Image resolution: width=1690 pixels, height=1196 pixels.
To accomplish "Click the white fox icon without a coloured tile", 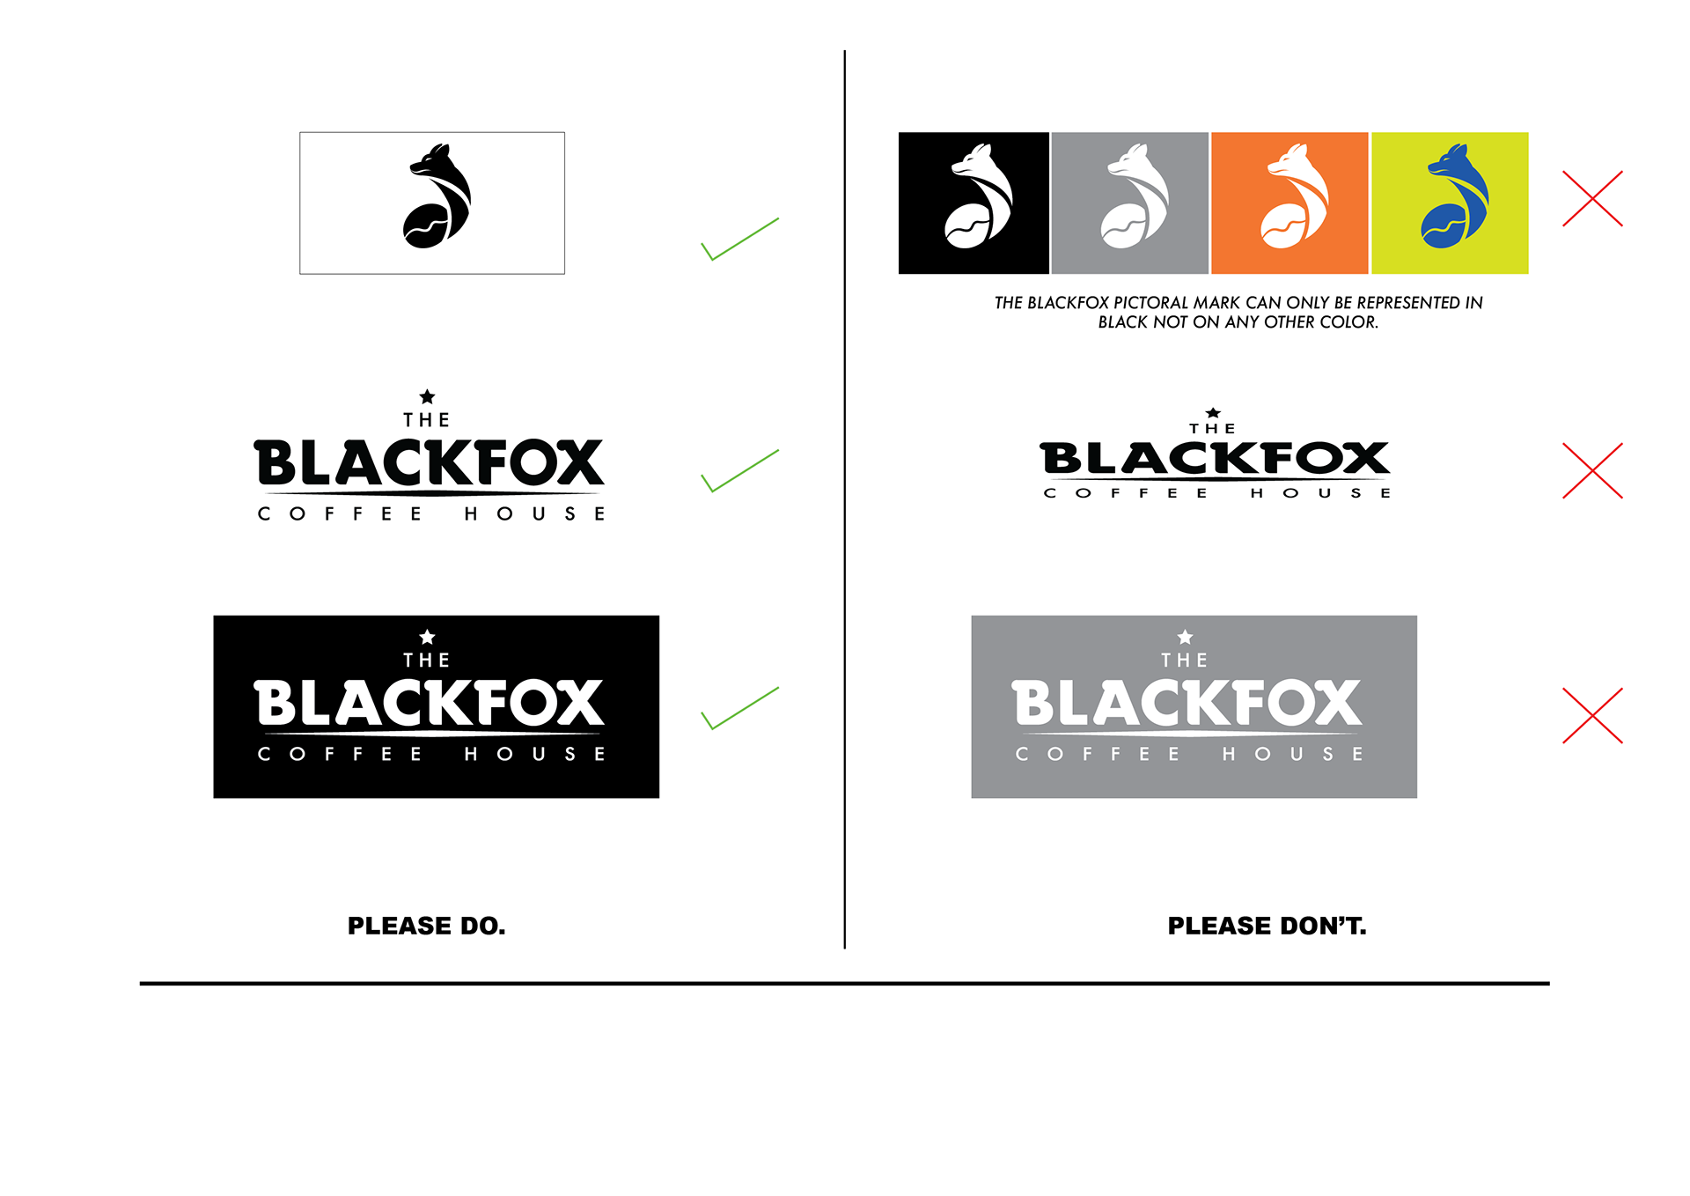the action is [x=979, y=197].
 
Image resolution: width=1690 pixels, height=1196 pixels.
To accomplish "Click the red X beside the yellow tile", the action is [x=1592, y=199].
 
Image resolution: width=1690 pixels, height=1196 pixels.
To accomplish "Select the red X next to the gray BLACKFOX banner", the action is [x=1592, y=716].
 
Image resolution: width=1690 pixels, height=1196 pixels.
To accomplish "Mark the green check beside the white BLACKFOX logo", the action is [x=739, y=709].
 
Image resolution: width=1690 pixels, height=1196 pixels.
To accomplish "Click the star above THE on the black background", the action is [x=428, y=636].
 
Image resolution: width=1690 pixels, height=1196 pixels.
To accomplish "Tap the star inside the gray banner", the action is [x=1186, y=636].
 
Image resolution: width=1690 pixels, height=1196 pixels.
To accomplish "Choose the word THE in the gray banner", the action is [x=1185, y=661].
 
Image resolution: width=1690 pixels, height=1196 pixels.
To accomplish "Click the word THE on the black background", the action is [x=427, y=661].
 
